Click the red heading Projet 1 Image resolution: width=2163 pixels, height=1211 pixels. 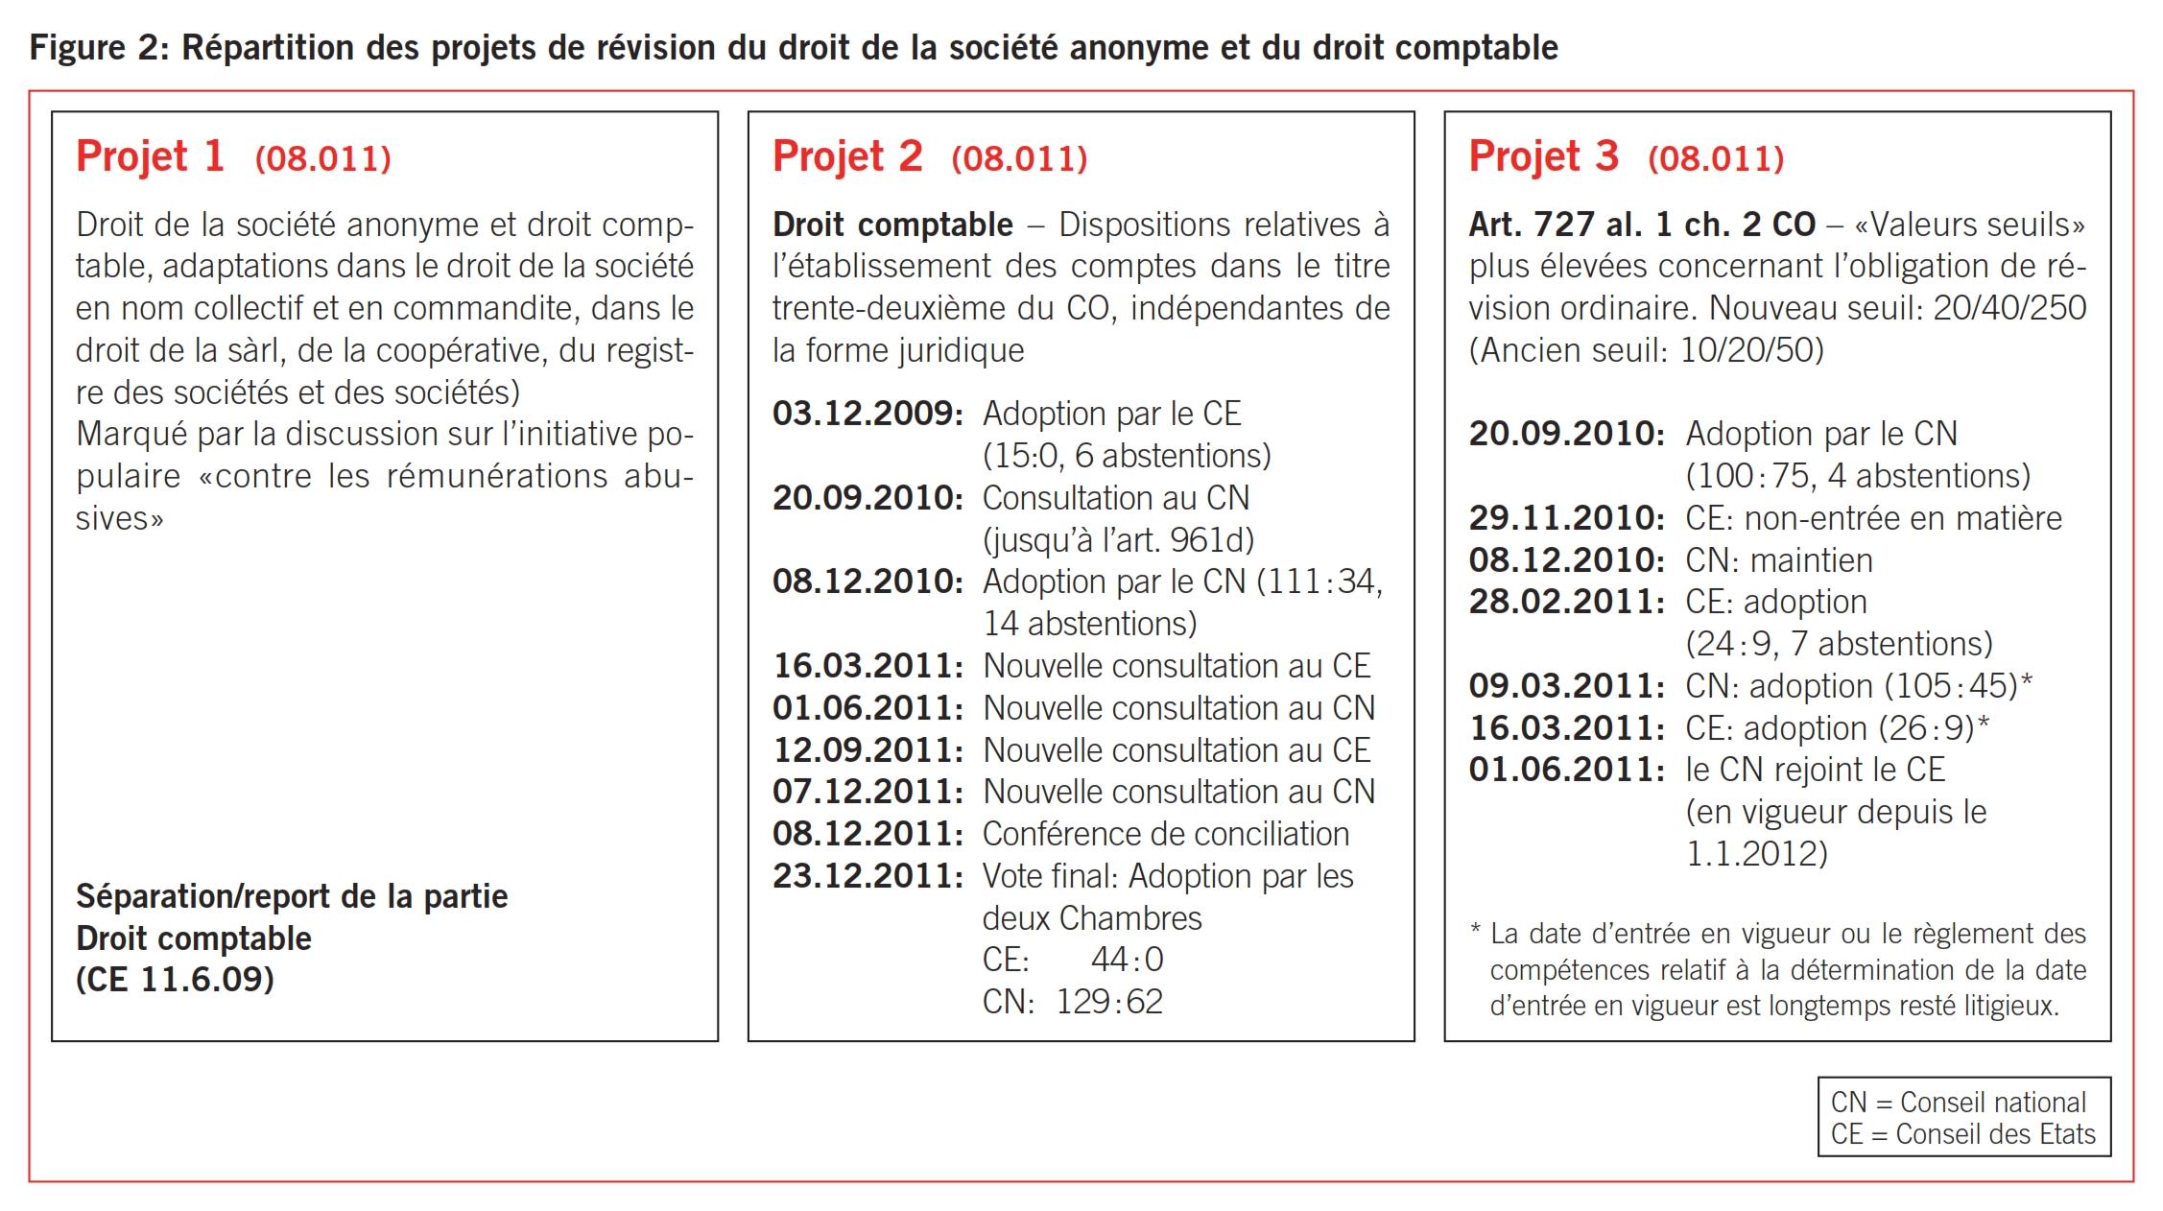tap(151, 156)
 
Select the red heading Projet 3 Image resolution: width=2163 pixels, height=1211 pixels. tap(1543, 156)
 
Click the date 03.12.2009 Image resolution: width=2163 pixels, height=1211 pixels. tap(868, 414)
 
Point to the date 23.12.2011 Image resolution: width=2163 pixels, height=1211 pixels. tap(868, 876)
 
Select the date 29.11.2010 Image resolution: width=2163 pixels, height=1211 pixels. tap(1566, 518)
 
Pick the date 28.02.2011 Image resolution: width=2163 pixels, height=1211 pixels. tap(1566, 602)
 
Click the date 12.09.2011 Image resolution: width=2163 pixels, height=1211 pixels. tap(868, 750)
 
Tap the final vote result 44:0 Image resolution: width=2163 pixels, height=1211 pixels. tap(1127, 960)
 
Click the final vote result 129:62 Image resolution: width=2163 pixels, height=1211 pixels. tap(1109, 1002)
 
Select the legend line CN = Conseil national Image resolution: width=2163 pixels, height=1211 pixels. tap(1958, 1103)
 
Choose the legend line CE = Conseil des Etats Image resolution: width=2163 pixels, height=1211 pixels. tap(1962, 1134)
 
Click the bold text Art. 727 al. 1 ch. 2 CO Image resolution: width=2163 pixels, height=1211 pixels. tap(1642, 225)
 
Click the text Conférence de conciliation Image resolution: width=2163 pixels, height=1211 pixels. tap(1165, 834)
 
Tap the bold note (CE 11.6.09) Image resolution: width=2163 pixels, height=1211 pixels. tap(175, 980)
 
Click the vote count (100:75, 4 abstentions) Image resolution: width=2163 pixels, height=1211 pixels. tap(1858, 476)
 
